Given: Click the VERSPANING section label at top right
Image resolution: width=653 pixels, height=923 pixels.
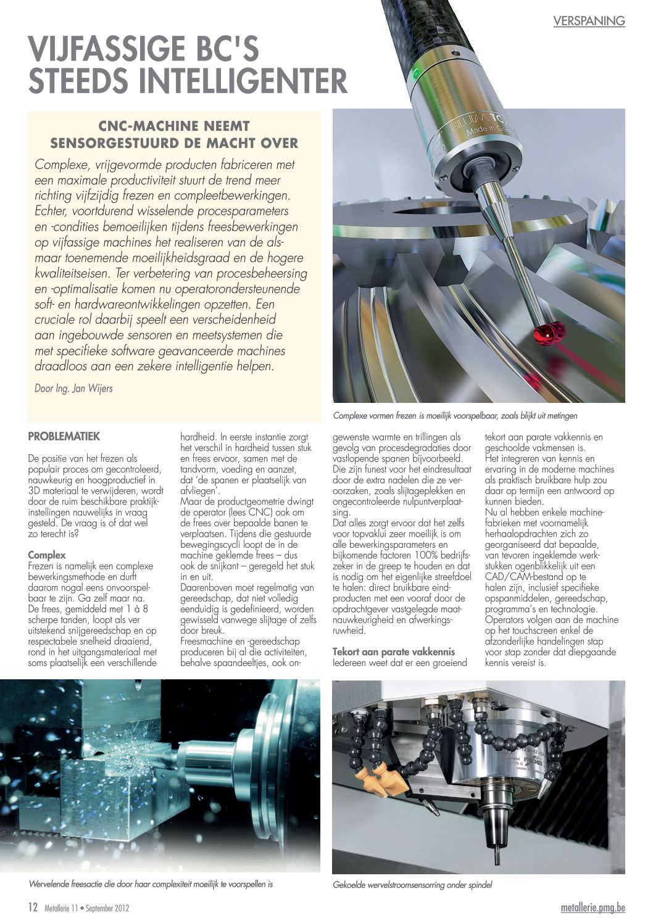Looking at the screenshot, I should (x=589, y=21).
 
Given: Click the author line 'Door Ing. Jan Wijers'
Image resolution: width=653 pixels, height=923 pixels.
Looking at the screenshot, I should (x=73, y=389).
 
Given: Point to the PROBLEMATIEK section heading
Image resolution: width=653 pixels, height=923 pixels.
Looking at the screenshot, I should (x=64, y=436).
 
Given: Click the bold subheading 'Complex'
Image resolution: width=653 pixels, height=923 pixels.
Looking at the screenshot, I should (x=47, y=555).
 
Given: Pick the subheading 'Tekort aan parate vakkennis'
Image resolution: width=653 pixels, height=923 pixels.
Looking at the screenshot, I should (x=394, y=652).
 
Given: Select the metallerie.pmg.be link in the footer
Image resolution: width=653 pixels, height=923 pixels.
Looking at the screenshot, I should (x=593, y=908).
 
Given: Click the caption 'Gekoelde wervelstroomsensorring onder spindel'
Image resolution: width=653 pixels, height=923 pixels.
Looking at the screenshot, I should (x=412, y=885).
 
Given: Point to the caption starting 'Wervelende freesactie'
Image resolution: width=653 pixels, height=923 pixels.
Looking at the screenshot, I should (x=151, y=884).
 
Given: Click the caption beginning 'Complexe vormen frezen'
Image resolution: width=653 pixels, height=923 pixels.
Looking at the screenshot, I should (x=455, y=415).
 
